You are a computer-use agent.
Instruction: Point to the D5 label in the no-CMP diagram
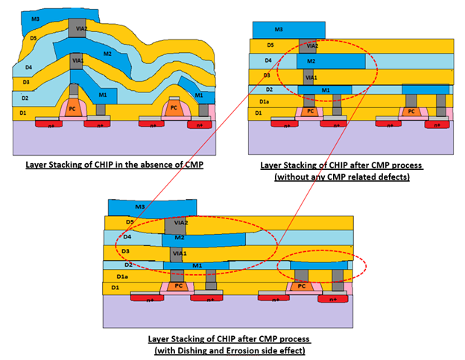[33, 37]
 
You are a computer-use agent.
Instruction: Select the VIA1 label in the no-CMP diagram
[78, 58]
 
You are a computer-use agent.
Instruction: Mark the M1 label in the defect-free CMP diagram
[326, 89]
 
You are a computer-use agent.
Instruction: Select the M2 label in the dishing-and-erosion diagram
[178, 238]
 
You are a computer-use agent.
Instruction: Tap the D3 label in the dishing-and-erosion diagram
[125, 252]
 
